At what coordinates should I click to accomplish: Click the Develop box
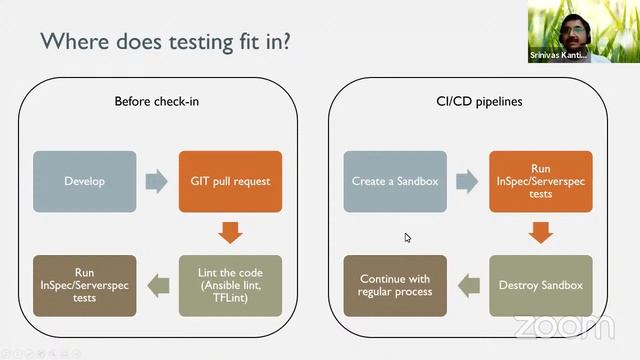click(84, 181)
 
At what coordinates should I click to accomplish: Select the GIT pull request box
click(230, 181)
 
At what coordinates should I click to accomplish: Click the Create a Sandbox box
click(394, 181)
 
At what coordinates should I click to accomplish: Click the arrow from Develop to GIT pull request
click(157, 181)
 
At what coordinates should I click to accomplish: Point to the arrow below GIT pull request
click(230, 233)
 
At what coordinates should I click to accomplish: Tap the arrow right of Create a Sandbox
click(467, 181)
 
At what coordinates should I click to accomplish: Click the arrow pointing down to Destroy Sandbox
click(540, 233)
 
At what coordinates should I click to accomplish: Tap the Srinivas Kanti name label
click(565, 56)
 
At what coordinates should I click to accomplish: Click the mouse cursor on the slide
click(408, 238)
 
